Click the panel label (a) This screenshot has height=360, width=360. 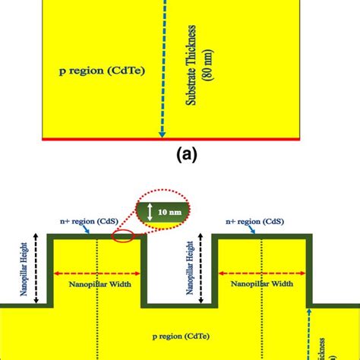pos(186,155)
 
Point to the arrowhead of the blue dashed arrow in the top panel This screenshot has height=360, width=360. pos(163,137)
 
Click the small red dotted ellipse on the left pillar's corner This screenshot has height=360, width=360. pos(125,238)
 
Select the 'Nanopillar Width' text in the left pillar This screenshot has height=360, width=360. pos(96,287)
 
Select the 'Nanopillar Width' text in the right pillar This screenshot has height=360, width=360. pos(261,287)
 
